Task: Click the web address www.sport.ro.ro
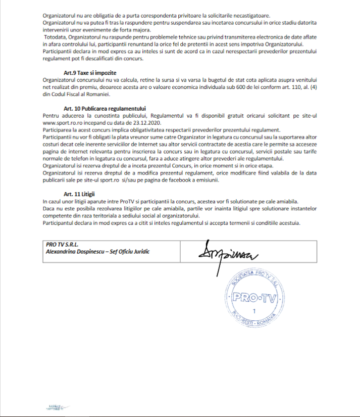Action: (64, 123)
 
